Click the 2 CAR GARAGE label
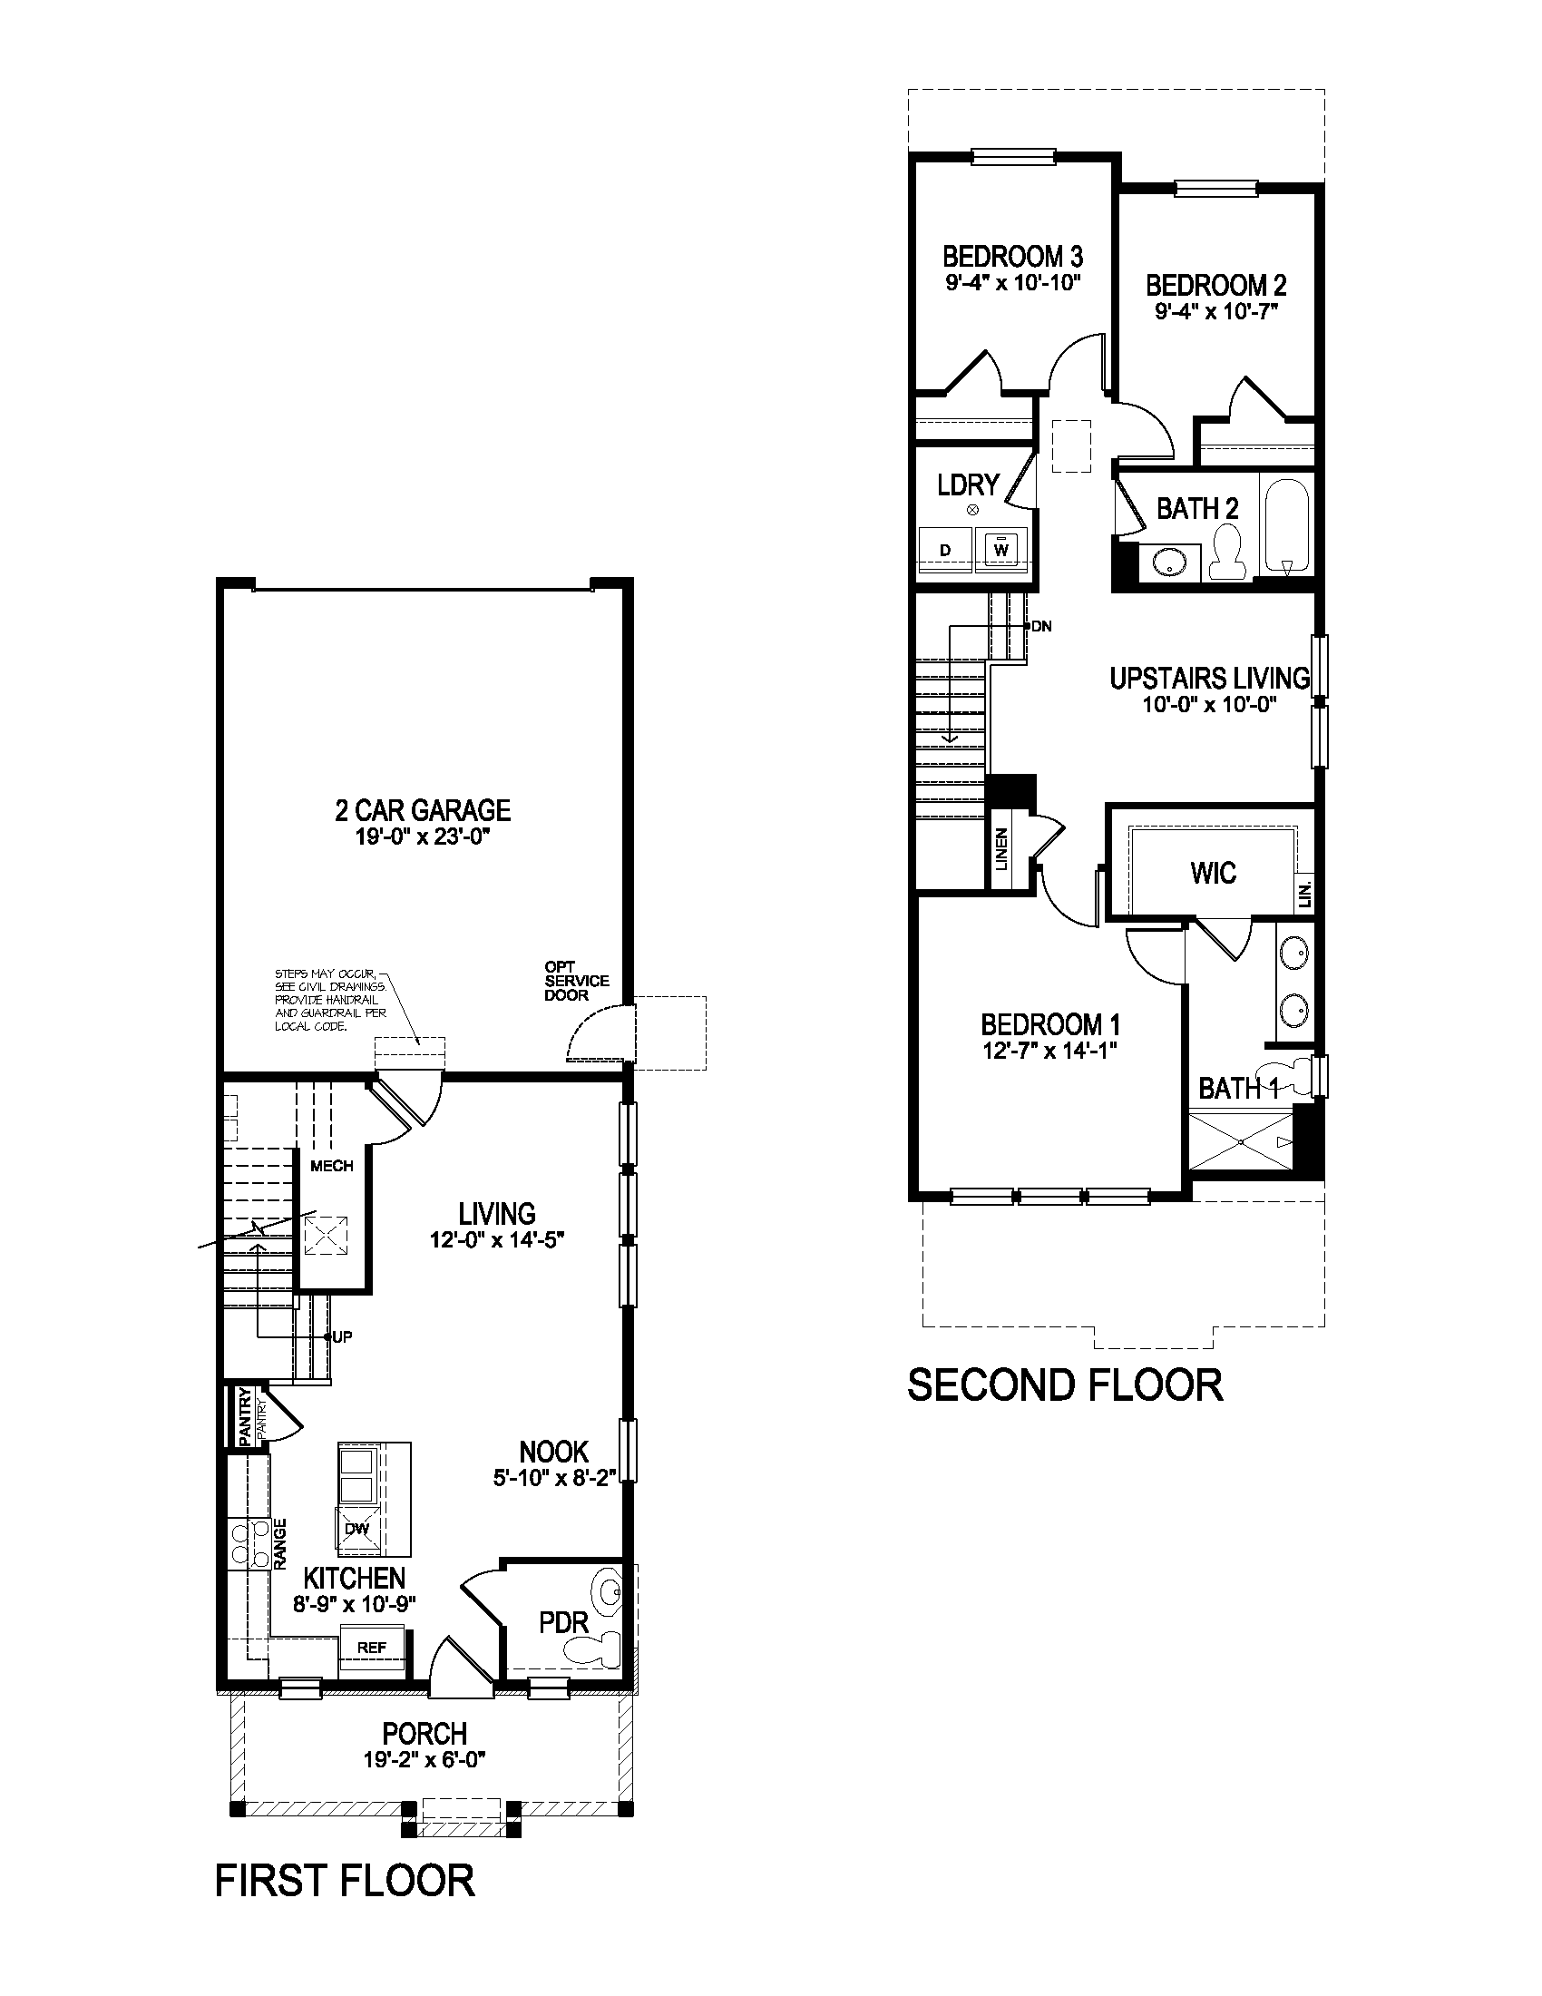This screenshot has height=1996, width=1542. [x=422, y=809]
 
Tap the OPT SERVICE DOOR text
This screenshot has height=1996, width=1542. [x=575, y=981]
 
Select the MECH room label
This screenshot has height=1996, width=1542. [x=332, y=1166]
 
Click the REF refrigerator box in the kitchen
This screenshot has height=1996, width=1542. [x=371, y=1648]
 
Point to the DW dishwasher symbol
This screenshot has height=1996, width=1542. [x=356, y=1528]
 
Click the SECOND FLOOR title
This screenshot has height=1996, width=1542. [x=1064, y=1384]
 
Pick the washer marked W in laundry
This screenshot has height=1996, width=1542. [x=1001, y=549]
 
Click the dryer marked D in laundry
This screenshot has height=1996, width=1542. [x=945, y=549]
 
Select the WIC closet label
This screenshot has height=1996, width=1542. [x=1213, y=873]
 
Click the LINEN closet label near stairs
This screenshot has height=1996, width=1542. [x=1002, y=848]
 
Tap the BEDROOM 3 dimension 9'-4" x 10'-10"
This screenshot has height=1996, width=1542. [x=1013, y=282]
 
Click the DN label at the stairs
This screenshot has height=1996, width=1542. [x=1041, y=626]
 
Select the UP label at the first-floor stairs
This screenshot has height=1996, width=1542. [x=342, y=1337]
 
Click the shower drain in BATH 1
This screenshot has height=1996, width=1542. [x=1241, y=1141]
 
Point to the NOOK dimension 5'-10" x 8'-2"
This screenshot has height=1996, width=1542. [x=554, y=1478]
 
